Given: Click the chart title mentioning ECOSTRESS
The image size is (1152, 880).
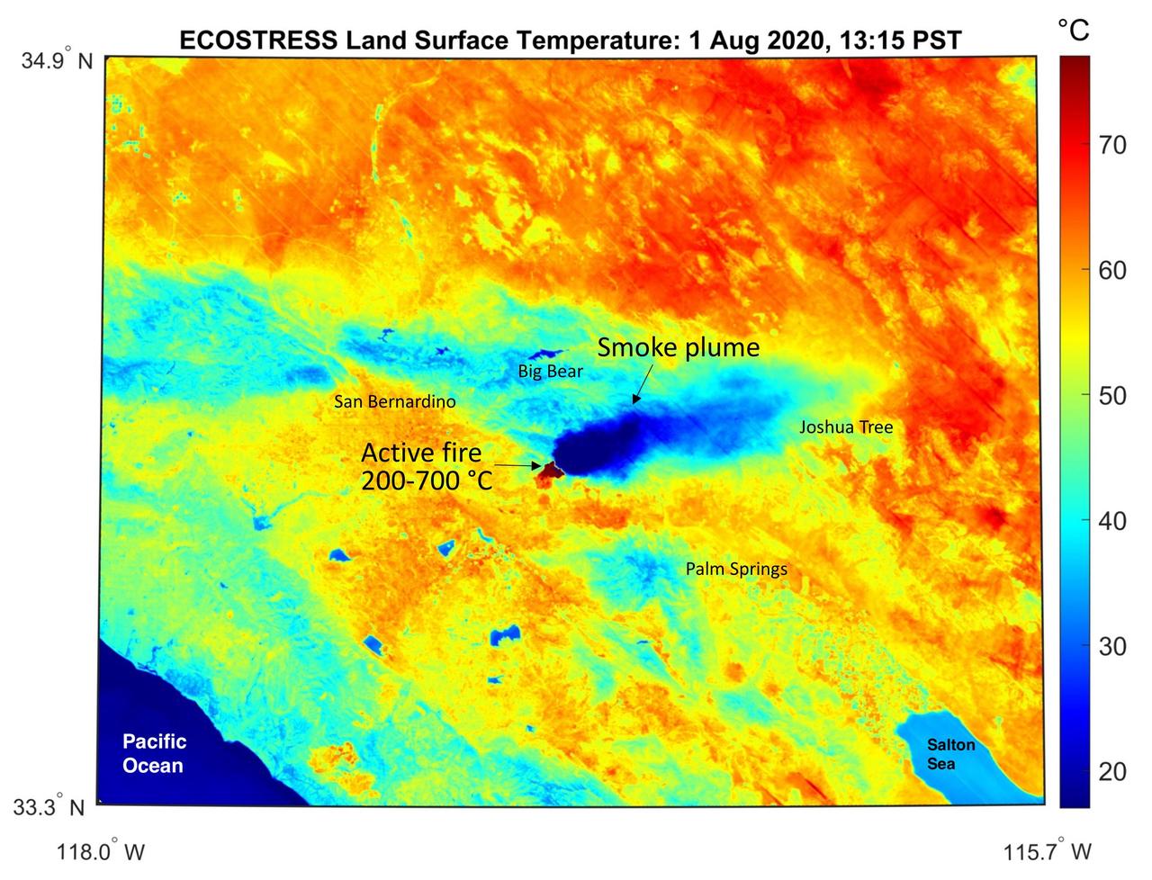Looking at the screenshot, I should point(571,40).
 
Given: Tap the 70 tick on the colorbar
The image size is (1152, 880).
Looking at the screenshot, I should point(1112,145).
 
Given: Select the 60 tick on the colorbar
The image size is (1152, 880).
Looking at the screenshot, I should point(1112,270).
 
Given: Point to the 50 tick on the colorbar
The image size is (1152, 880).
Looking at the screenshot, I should point(1112,396).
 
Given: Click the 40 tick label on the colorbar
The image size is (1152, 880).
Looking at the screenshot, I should point(1112,521).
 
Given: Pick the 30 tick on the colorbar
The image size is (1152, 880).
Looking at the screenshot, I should point(1112,646).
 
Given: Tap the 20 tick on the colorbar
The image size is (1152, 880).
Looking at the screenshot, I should point(1112,771).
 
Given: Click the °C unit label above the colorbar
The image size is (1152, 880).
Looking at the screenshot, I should point(1073,31).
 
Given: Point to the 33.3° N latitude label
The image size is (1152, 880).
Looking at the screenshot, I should point(50,806).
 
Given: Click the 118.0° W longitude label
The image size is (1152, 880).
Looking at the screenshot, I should point(101,851).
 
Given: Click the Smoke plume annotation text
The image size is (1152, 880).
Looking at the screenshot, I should point(679,347).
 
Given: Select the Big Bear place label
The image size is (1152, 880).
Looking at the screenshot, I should point(550,372).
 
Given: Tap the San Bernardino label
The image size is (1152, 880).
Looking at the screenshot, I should point(394,401).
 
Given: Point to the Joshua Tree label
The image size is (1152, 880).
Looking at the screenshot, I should point(846,427).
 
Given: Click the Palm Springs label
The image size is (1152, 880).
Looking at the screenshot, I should point(736,569).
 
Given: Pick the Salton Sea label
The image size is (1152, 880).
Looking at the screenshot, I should point(950,754).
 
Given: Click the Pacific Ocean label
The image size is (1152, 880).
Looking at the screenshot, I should point(155,753).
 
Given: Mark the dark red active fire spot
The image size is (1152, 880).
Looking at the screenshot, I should point(547,471).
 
